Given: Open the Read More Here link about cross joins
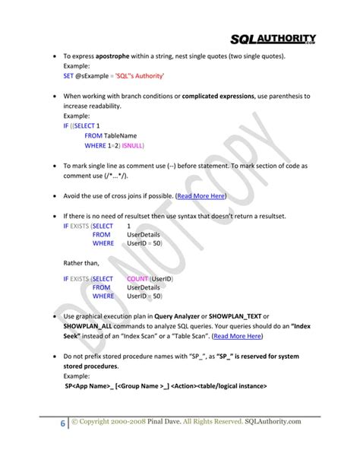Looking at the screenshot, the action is (x=201, y=195).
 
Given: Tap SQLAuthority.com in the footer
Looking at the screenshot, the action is (x=273, y=421).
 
